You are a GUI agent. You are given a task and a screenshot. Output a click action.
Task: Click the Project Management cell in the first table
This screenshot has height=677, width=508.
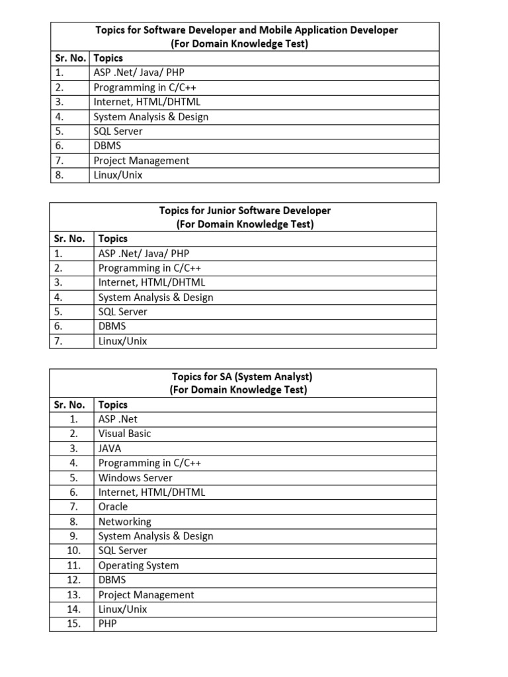point(142,161)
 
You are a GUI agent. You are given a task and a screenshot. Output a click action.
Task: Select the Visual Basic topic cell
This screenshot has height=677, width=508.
point(125,434)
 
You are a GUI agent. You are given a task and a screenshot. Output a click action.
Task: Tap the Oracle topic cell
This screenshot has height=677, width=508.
point(113,507)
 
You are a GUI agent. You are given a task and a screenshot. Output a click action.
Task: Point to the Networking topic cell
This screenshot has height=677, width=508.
point(125,522)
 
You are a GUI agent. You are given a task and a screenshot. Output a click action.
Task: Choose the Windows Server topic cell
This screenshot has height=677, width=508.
point(136,478)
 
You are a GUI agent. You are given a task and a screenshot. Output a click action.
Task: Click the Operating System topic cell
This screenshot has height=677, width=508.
point(139,565)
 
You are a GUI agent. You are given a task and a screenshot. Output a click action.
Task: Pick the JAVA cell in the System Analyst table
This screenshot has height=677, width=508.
point(110,448)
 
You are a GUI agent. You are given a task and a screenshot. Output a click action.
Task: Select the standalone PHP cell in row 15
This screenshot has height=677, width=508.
point(108,623)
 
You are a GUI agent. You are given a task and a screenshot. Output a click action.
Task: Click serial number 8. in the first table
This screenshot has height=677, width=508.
point(59,175)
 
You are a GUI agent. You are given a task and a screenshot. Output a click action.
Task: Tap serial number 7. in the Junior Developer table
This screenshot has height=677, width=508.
point(59,341)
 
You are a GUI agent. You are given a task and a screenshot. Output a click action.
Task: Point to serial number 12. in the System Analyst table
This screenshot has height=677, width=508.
point(73,580)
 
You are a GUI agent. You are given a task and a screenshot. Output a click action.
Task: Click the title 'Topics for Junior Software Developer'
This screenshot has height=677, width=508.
point(245,210)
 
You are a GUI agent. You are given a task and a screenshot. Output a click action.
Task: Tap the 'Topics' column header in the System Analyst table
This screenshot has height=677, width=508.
point(113,405)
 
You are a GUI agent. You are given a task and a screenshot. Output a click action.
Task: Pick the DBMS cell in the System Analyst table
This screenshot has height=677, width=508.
point(112,580)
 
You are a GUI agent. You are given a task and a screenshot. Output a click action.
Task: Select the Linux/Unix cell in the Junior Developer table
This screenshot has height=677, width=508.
point(123,341)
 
